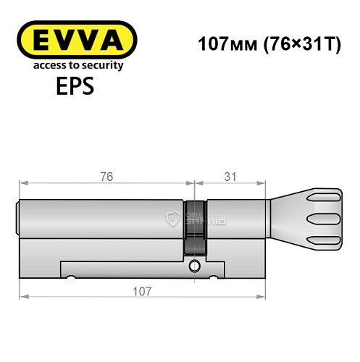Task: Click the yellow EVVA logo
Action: pos(77,40)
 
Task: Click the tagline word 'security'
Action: pos(101,65)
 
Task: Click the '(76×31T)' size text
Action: pos(298,44)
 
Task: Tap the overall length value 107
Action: pos(142,291)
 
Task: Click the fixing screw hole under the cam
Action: pos(193,267)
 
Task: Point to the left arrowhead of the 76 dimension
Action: pos(23,184)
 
